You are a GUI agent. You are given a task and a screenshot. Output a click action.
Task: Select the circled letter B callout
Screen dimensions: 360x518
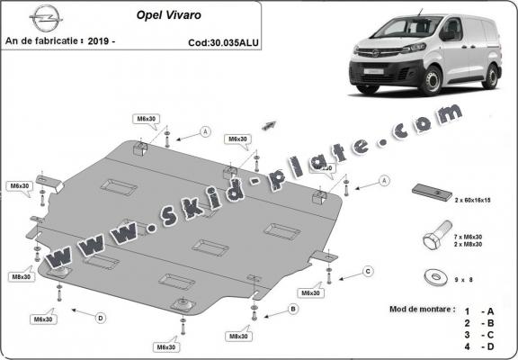point(292,309)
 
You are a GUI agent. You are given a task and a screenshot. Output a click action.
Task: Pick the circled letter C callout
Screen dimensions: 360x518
point(368,271)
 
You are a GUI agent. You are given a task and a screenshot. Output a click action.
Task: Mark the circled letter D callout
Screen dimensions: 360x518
point(101,317)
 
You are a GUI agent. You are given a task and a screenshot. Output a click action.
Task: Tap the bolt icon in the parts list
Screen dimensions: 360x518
point(430,240)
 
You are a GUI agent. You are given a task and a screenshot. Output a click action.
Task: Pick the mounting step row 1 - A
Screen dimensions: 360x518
point(484,309)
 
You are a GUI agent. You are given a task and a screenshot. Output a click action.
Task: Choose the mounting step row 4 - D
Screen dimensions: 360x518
point(484,346)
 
